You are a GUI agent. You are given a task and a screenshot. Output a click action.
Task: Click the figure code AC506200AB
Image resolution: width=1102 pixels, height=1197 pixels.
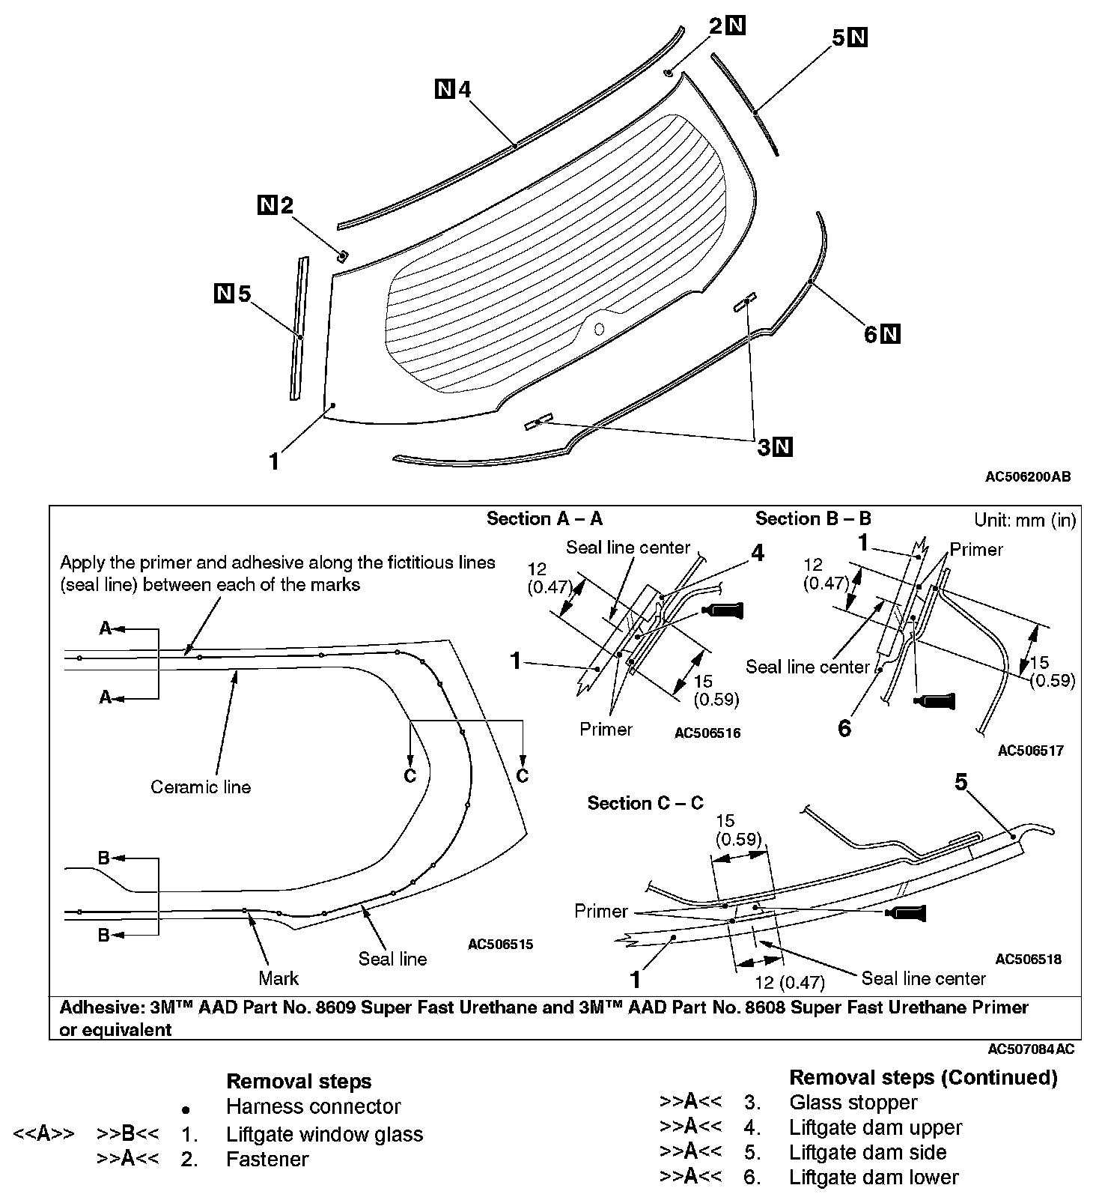pos(1028,476)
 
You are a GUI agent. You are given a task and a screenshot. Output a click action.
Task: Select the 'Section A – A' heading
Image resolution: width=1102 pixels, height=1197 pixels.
pos(544,518)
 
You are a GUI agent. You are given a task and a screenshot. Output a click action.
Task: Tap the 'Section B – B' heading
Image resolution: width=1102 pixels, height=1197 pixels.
pos(813,518)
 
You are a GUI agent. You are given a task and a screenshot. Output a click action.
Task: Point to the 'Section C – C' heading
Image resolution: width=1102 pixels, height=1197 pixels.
pos(645,803)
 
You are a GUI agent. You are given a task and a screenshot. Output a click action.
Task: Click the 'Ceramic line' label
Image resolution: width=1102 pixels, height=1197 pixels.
pos(201,787)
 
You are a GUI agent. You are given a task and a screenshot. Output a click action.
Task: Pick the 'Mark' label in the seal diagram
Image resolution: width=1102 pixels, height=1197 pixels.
pos(278,978)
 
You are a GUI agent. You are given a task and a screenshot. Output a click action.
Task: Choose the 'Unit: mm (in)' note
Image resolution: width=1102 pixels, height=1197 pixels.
pos(1024,520)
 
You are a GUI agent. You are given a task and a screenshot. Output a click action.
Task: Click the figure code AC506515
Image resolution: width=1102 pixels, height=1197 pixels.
pos(500,945)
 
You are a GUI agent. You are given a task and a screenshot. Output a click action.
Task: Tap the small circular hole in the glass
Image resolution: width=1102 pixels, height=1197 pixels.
pos(598,328)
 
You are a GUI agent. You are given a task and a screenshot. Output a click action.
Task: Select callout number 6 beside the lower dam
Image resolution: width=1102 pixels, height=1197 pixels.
pos(870,334)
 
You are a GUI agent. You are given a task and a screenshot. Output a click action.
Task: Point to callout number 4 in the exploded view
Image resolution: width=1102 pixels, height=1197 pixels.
pos(464,90)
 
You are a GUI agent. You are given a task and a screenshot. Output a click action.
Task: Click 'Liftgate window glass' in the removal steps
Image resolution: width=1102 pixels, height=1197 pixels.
pos(324,1134)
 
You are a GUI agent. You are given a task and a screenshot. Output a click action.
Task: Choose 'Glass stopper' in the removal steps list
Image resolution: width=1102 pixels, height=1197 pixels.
pos(853,1102)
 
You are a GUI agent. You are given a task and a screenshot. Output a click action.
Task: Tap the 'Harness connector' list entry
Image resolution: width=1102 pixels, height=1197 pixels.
pos(313,1106)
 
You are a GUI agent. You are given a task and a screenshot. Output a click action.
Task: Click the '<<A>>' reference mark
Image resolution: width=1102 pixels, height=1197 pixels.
pos(43,1134)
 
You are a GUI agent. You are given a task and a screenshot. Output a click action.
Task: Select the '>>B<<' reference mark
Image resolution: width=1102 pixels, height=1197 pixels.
pos(127,1134)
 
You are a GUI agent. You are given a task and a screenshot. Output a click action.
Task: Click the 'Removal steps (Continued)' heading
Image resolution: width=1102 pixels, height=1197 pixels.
pos(923,1077)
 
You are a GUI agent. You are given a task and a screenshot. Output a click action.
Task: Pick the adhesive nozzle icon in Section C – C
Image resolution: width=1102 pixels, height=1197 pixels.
pos(905,913)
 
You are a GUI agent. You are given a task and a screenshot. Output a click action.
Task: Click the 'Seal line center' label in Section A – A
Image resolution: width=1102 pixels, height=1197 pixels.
pos(628,548)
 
